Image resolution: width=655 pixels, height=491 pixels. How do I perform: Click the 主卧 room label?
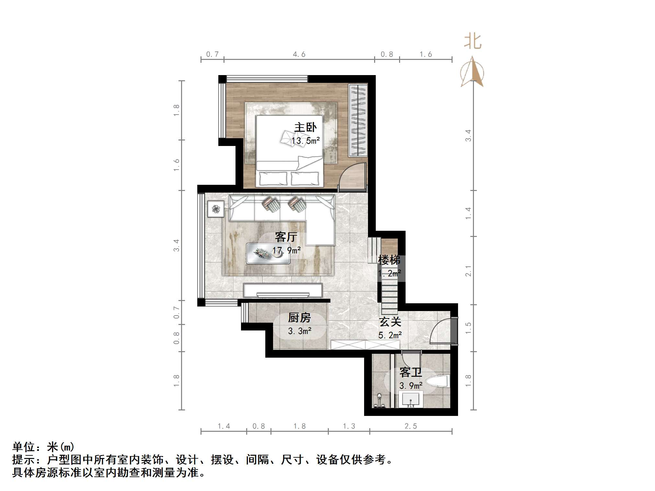(x=305, y=127)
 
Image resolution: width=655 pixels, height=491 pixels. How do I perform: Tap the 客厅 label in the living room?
(x=286, y=237)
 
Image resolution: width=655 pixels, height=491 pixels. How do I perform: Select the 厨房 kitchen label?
(x=299, y=318)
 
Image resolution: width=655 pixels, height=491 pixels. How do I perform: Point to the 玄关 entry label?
(x=390, y=322)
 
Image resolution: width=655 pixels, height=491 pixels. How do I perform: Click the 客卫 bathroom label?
(x=410, y=373)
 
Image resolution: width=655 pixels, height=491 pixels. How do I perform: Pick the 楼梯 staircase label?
(x=389, y=260)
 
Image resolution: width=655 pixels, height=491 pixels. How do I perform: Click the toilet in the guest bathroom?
(x=438, y=381)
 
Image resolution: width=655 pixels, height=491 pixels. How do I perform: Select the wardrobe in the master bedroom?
(x=358, y=120)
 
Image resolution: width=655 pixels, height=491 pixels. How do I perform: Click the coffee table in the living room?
(x=268, y=254)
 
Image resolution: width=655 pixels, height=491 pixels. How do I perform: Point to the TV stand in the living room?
(x=282, y=290)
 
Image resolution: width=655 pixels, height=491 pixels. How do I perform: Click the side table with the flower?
(x=216, y=209)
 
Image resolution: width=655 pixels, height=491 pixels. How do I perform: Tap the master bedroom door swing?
(x=352, y=176)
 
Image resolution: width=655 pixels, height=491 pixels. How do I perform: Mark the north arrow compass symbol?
(x=472, y=72)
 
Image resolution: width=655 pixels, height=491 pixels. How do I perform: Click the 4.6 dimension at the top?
(x=299, y=54)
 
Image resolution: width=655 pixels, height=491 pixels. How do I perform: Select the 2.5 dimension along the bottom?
(x=411, y=426)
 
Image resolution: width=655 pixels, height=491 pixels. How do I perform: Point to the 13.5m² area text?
(x=305, y=141)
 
